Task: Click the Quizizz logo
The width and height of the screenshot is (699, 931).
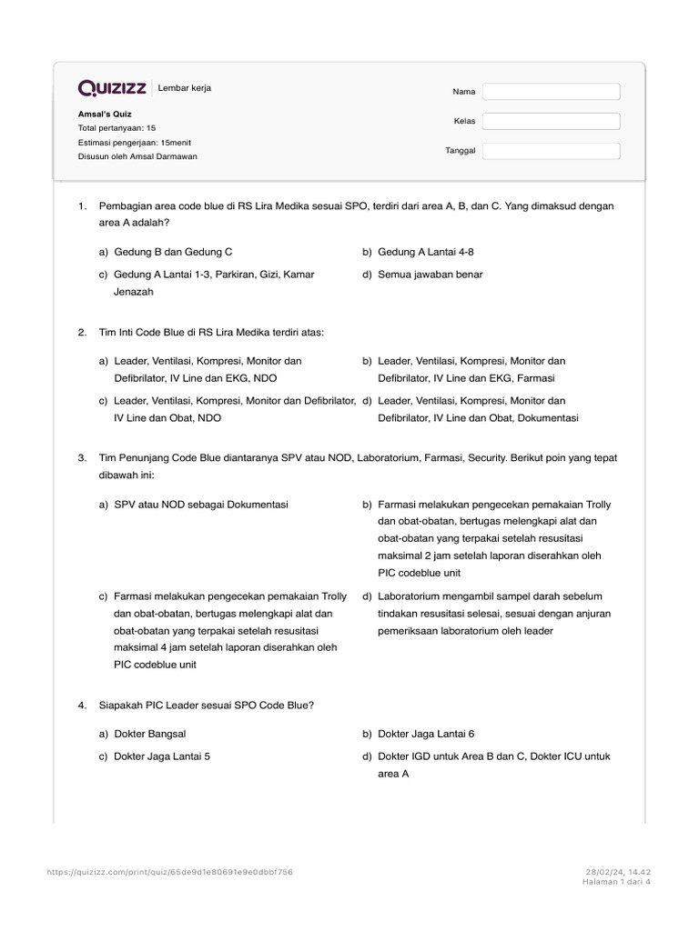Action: pos(113,88)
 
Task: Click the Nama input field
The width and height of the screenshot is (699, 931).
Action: pos(551,92)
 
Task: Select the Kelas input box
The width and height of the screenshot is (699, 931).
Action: pos(551,121)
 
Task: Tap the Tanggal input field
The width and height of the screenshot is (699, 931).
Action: pos(551,151)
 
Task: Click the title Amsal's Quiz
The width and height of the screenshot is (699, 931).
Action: pos(105,115)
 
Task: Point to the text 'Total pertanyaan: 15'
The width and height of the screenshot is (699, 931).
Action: pos(117,128)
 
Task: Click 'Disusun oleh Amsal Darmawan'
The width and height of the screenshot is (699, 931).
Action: pos(137,156)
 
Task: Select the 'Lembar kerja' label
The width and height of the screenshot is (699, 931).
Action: pos(185,88)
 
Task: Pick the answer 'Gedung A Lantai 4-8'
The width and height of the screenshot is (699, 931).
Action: pos(425,251)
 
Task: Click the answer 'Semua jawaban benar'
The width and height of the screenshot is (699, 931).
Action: pos(430,274)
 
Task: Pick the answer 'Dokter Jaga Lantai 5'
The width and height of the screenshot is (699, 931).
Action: pos(162,756)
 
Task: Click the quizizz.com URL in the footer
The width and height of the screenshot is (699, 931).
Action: pos(169,872)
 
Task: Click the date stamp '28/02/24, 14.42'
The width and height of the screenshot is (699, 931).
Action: pos(618,872)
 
